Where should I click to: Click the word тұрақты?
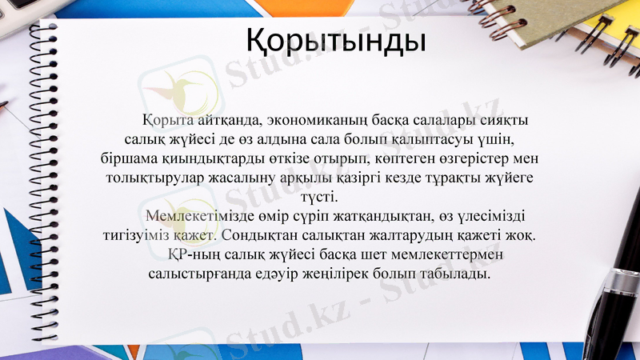click(x=466, y=178)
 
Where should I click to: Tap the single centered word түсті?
click(x=319, y=197)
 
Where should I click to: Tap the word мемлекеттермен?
click(x=450, y=254)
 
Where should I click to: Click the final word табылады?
click(x=460, y=274)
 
